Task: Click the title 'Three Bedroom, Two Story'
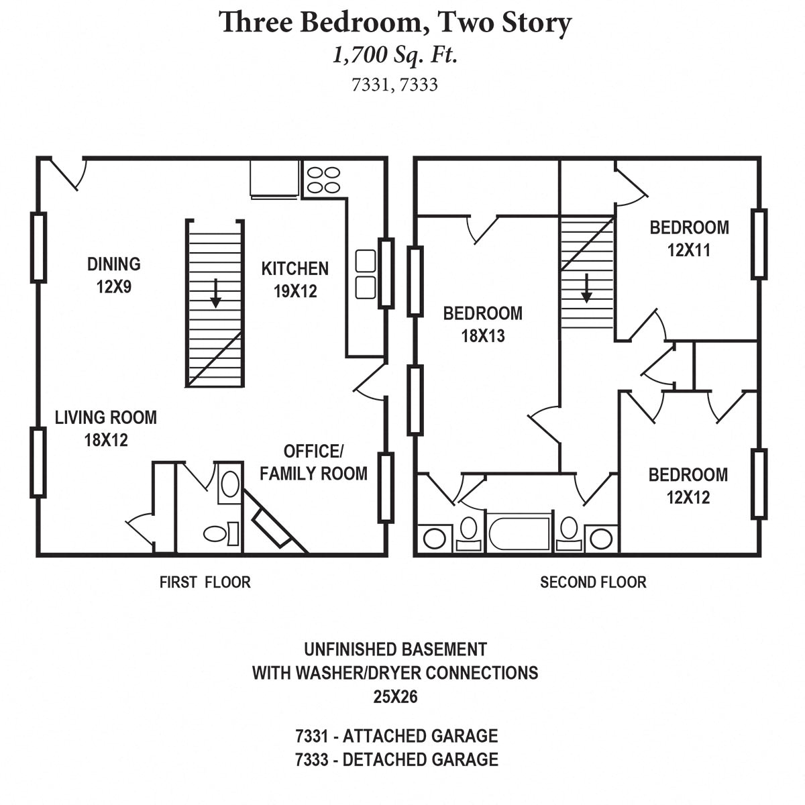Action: click(x=395, y=23)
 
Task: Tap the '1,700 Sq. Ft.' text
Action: click(x=395, y=55)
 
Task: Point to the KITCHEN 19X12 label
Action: click(x=294, y=279)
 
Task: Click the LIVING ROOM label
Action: click(x=105, y=428)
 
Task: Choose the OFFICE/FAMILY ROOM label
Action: click(x=313, y=462)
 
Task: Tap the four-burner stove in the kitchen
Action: click(x=323, y=180)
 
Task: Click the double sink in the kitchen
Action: click(x=365, y=274)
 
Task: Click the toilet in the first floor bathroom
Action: click(x=220, y=533)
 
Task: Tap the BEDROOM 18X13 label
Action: click(x=482, y=324)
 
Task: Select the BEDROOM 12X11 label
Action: click(x=689, y=238)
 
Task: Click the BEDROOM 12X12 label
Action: click(x=688, y=486)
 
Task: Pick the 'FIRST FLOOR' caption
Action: click(x=205, y=582)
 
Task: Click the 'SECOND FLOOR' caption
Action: click(x=593, y=582)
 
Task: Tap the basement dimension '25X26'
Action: click(x=395, y=697)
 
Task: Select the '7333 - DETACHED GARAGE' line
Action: click(x=396, y=759)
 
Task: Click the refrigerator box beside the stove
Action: click(x=274, y=178)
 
